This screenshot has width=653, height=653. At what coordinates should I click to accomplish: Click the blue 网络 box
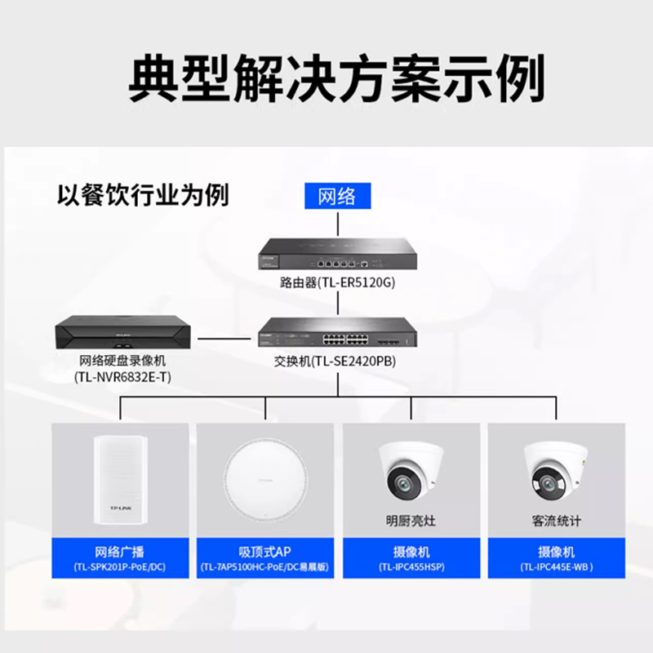337,197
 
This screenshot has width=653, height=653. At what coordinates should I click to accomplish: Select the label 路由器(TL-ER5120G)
338,282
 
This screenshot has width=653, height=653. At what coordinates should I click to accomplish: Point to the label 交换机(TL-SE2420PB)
337,360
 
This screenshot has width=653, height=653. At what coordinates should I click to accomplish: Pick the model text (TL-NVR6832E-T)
123,376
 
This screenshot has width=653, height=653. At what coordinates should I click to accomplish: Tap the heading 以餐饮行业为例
143,195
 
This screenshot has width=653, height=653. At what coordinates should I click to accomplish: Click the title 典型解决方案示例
335,78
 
